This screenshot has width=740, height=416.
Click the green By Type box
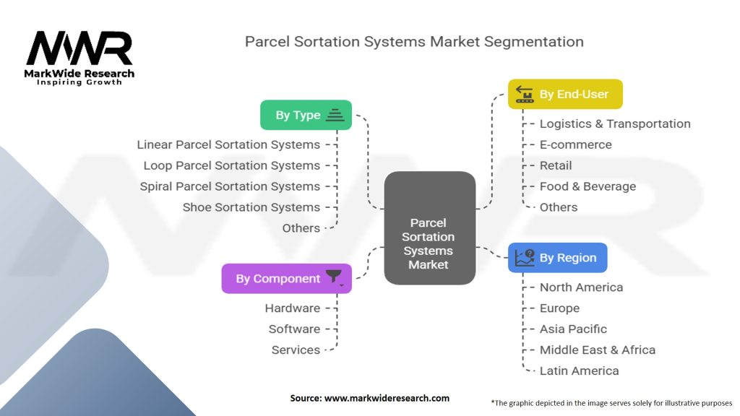pos(306,115)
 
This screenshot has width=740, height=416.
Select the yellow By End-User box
pos(565,94)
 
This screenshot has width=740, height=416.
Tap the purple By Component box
pos(286,278)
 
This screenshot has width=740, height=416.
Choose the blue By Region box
pos(557,258)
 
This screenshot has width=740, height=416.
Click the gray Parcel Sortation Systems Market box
pos(429,227)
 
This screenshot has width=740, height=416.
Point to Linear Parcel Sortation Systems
pos(228,144)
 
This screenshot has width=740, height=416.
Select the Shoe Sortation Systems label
pos(251,207)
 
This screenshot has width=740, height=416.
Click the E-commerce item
pos(575,144)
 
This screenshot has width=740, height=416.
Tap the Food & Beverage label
pos(588,186)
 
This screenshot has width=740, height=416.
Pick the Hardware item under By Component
pos(292,308)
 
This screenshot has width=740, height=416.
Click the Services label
pos(296,350)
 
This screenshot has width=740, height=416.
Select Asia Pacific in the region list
pos(573,329)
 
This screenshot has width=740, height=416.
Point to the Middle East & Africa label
pos(598,350)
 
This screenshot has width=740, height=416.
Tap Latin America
pos(579,370)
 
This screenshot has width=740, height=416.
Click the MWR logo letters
pos(79,48)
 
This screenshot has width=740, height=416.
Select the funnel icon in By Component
pos(334,277)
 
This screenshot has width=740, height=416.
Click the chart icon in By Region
pos(525,258)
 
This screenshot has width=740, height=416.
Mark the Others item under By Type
pos(301,228)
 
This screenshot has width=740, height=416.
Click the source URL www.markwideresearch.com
pos(387,398)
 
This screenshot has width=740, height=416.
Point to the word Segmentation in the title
pos(534,42)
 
